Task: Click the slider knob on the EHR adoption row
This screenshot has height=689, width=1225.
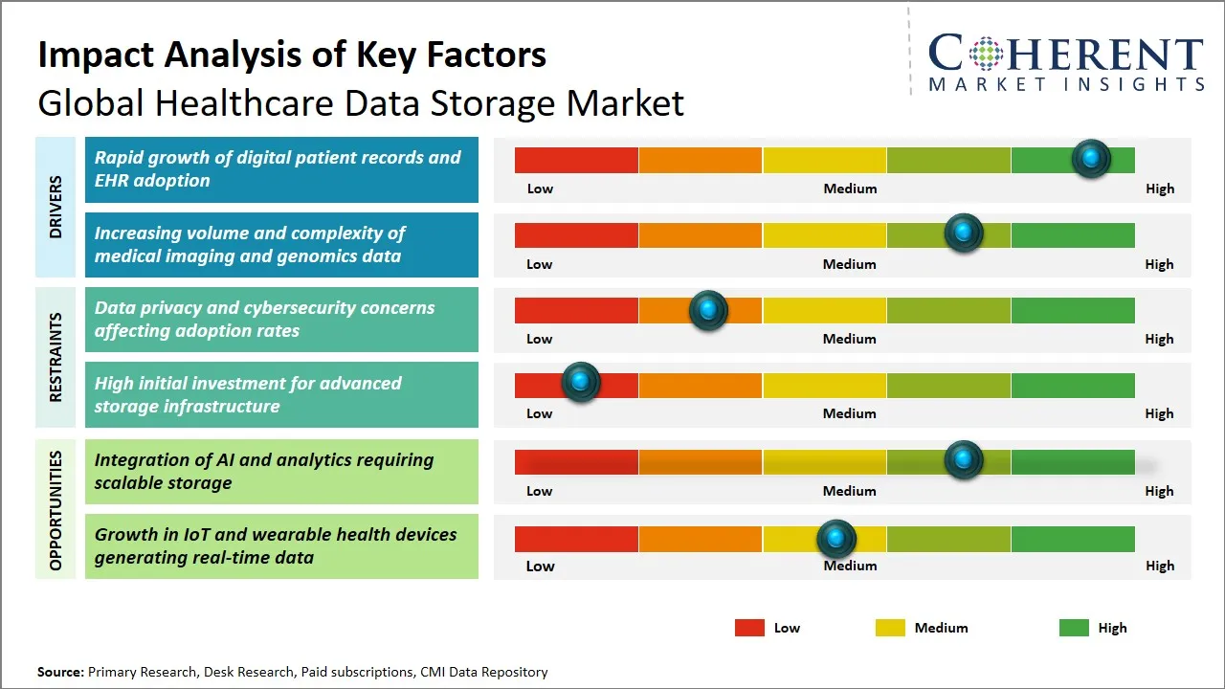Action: coord(1091,159)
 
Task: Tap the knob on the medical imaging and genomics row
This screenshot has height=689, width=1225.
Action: coord(964,233)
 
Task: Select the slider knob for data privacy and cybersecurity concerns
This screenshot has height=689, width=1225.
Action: coord(708,310)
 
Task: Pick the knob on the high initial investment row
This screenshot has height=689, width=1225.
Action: coord(580,383)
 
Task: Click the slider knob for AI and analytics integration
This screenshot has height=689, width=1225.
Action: coord(964,460)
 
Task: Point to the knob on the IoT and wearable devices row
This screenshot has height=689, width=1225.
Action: coord(836,540)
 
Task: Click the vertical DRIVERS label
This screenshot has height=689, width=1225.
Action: coord(56,207)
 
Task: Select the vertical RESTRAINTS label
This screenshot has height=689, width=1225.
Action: coord(56,357)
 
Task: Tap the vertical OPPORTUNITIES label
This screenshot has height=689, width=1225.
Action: coord(56,511)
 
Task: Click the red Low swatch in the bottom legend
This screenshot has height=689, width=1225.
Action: coord(749,628)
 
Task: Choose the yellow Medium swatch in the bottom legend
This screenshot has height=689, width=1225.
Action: coord(890,628)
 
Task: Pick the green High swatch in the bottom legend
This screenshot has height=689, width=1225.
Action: coord(1074,628)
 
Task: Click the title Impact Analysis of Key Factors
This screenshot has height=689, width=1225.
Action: coord(292,56)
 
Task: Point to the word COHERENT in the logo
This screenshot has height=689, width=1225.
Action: coord(1066,54)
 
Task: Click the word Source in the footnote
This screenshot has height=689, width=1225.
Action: coord(60,672)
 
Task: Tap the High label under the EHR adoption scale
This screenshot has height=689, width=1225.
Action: coord(1159,189)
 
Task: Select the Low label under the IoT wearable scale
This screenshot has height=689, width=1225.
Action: coord(540,566)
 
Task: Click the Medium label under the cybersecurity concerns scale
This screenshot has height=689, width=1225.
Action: coord(850,339)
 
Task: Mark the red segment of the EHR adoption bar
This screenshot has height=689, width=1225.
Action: coord(576,160)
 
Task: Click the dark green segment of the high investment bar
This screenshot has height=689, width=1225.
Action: coord(1072,385)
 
